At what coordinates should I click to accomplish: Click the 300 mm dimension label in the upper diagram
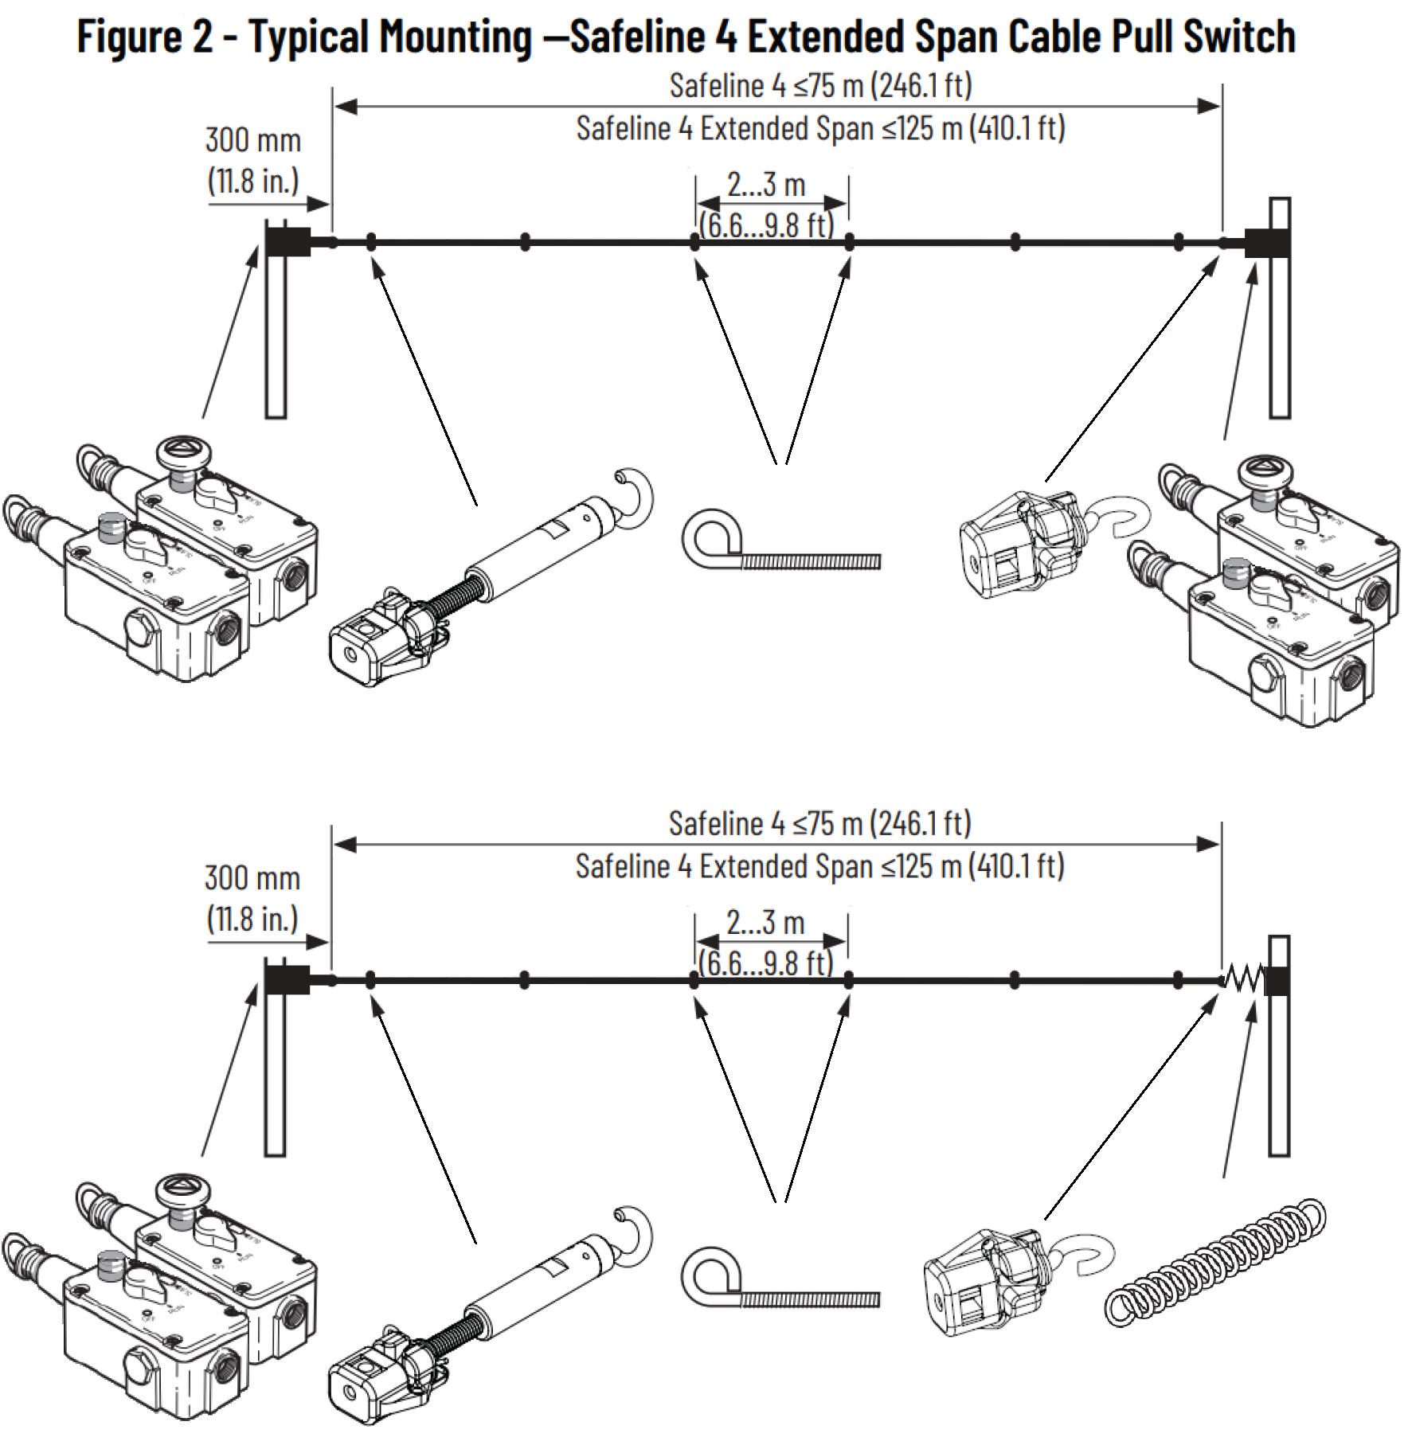[253, 160]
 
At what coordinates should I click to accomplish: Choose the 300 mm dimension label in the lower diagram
[252, 898]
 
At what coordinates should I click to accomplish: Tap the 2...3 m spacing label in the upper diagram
[766, 185]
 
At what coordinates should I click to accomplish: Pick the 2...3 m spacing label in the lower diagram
[765, 923]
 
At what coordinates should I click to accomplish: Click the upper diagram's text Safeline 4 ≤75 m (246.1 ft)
[820, 85]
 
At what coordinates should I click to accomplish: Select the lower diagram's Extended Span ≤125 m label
[819, 866]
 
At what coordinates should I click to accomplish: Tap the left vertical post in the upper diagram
[276, 334]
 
